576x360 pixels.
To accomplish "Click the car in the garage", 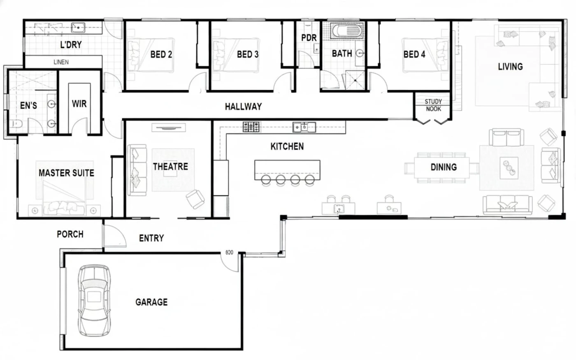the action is pyautogui.click(x=94, y=301).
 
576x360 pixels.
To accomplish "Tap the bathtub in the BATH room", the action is pyautogui.click(x=346, y=31).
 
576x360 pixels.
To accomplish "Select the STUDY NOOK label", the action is pyautogui.click(x=433, y=105).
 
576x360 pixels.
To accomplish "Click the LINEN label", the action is pyautogui.click(x=61, y=62).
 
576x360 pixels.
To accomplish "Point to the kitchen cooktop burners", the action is pyautogui.click(x=251, y=127).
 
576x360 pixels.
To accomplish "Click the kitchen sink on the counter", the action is pyautogui.click(x=304, y=127).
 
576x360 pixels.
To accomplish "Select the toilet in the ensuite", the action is pyautogui.click(x=16, y=124).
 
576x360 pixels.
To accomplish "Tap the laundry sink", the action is pyautogui.click(x=78, y=27).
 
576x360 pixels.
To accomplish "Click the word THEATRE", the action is pyautogui.click(x=170, y=167).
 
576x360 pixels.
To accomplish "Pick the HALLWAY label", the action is pyautogui.click(x=243, y=107).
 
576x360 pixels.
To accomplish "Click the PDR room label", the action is pyautogui.click(x=309, y=38).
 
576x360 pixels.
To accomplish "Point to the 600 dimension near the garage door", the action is pyautogui.click(x=230, y=253).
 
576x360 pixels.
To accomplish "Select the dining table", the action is pyautogui.click(x=442, y=167).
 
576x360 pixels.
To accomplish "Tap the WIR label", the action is pyautogui.click(x=79, y=104).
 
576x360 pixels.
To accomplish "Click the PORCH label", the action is pyautogui.click(x=70, y=234).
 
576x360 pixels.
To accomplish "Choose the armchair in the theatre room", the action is pyautogui.click(x=195, y=199).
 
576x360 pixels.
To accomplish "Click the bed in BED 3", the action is pyautogui.click(x=236, y=55).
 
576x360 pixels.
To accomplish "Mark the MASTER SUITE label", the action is pyautogui.click(x=66, y=173).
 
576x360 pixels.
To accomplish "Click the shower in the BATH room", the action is pyautogui.click(x=355, y=80).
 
